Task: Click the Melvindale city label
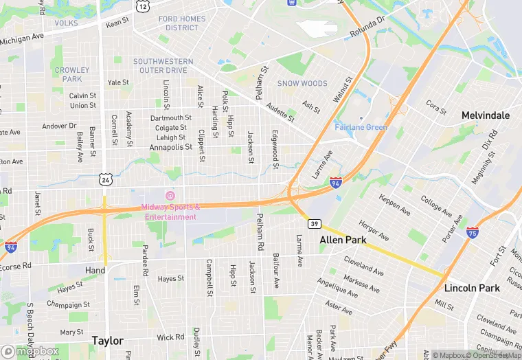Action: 486,115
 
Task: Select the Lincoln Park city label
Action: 472,288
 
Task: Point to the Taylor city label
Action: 108,341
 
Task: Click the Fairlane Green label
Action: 361,127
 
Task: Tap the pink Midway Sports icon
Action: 170,196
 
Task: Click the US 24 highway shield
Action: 105,179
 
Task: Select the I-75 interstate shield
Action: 473,232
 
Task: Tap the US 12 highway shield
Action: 142,6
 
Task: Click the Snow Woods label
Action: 302,83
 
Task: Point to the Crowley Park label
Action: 72,74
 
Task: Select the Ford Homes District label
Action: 178,23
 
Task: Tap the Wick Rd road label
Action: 170,337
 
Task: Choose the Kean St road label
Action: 117,23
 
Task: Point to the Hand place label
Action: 95,271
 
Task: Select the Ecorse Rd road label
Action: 16,266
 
